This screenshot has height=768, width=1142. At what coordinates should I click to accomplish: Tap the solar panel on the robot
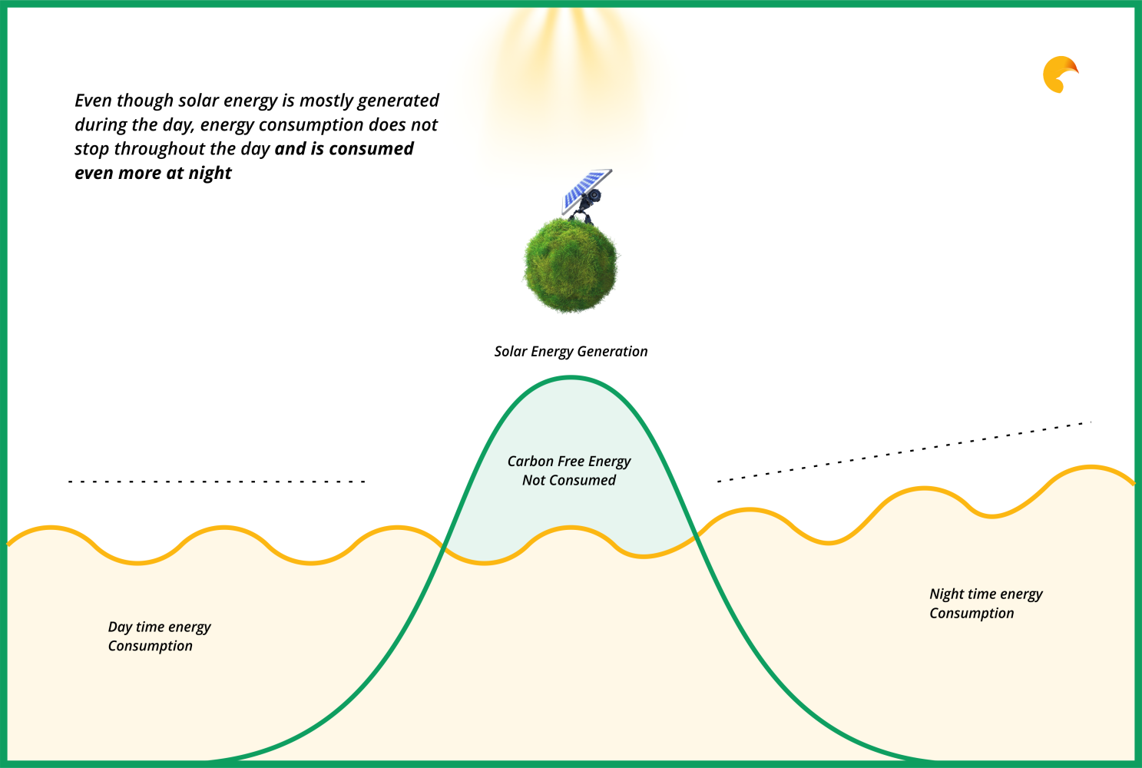(586, 190)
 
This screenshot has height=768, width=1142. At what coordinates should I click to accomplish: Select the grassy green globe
(571, 265)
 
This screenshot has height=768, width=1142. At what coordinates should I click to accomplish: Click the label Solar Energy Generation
(571, 352)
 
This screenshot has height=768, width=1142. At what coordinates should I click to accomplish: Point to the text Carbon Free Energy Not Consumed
(569, 471)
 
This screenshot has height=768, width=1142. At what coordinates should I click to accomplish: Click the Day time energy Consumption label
(159, 636)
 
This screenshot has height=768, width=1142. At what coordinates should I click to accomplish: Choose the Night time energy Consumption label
(986, 604)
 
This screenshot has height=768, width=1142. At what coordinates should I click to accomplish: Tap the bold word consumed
(371, 149)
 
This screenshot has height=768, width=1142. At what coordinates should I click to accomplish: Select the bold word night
(210, 174)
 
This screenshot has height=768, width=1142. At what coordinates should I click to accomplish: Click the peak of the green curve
(571, 378)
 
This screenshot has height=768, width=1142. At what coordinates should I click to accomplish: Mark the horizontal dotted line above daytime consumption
(217, 482)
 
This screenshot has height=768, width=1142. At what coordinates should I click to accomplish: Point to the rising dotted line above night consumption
(904, 452)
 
